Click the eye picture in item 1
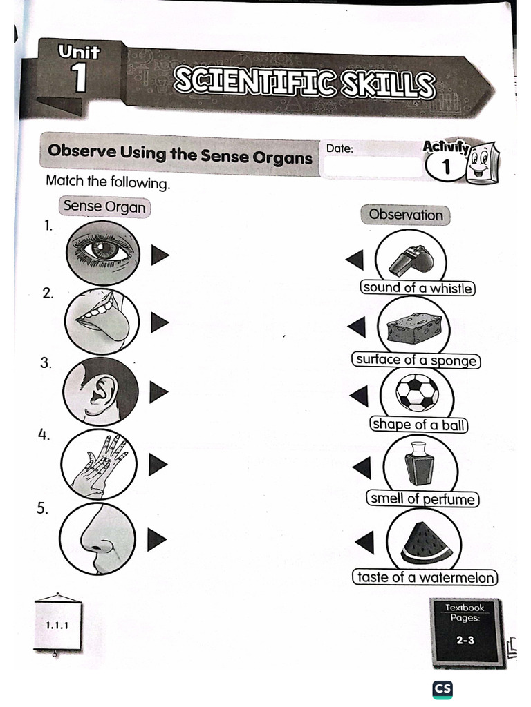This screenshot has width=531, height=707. coord(102,251)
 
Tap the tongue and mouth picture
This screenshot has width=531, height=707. coord(101,322)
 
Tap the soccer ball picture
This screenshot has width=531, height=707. coord(417,393)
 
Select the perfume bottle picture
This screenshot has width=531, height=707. coord(420,465)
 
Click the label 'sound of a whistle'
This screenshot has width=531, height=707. coord(418,288)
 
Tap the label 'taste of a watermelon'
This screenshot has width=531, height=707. coord(425,577)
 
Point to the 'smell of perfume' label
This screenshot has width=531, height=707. coord(422,498)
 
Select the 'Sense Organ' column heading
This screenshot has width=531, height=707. coord(104,206)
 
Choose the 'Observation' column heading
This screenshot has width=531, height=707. coord(406,215)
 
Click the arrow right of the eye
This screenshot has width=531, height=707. coord(160,255)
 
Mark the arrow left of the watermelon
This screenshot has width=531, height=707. coord(364,541)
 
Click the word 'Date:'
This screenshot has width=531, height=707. coord(339,148)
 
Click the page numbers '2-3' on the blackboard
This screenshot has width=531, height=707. coord(465,640)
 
